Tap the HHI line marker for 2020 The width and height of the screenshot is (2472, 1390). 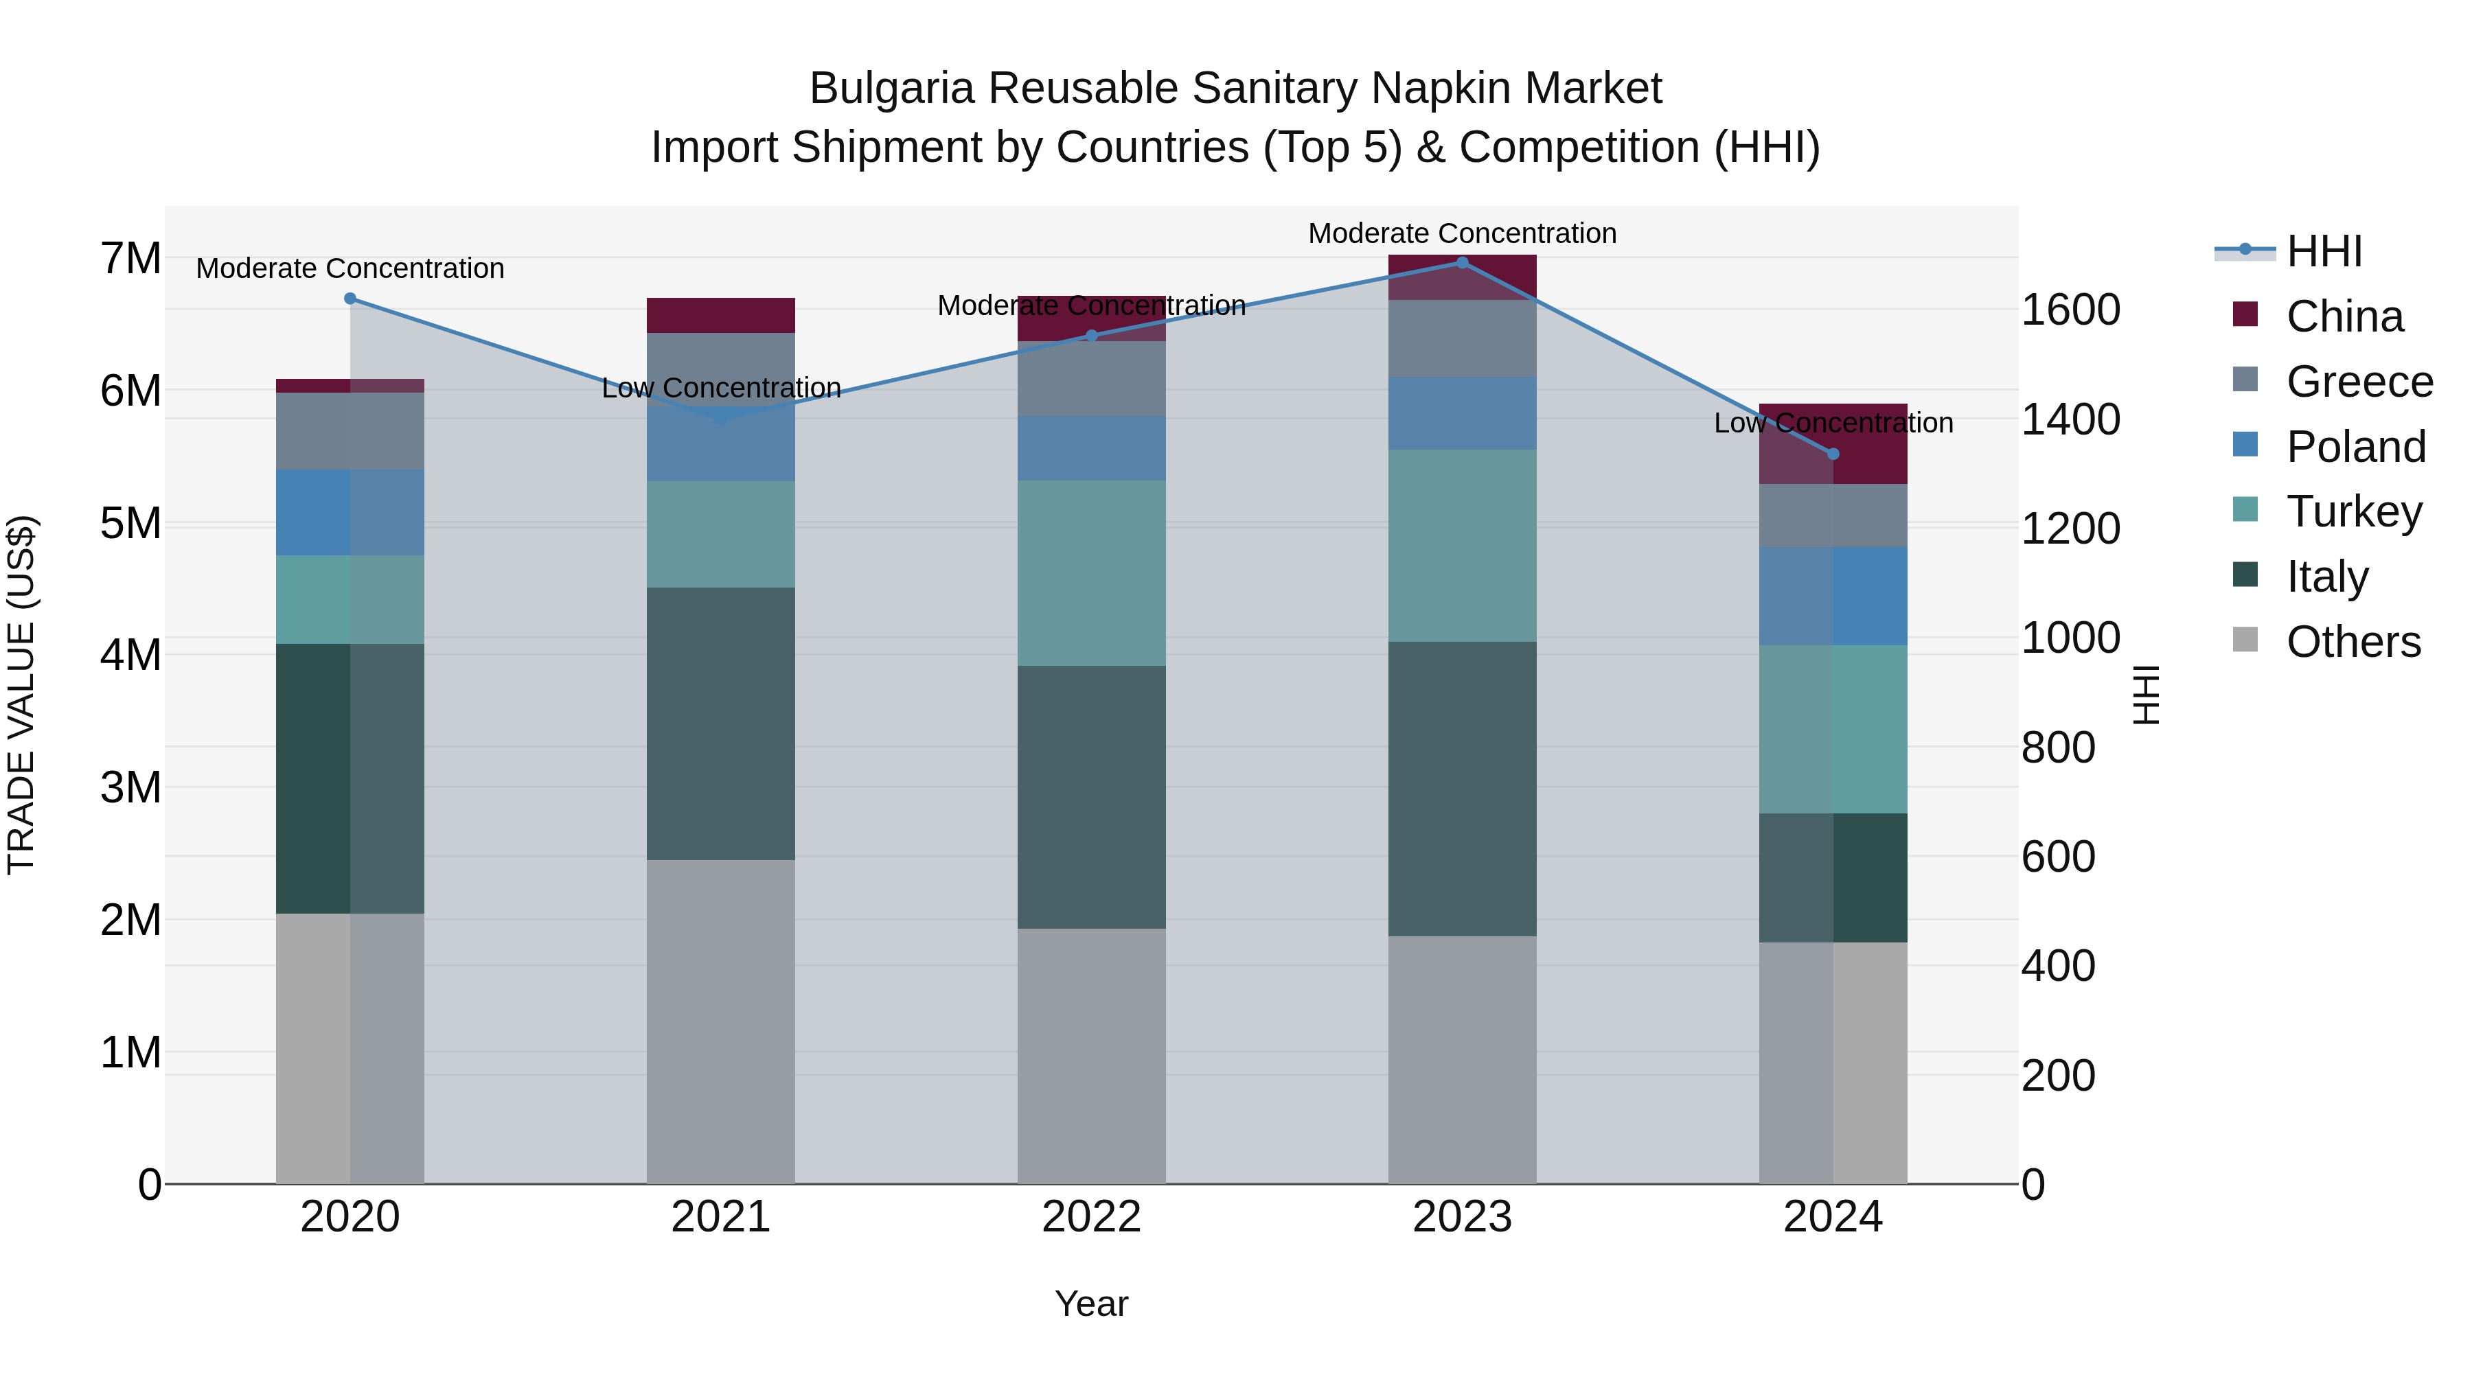pyautogui.click(x=350, y=299)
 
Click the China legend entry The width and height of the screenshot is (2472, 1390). pyautogui.click(x=2344, y=316)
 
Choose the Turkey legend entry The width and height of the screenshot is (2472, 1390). pyautogui.click(x=2353, y=511)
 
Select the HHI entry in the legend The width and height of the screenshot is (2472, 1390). pyautogui.click(x=2323, y=251)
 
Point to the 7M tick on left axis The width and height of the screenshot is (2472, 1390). pyautogui.click(x=130, y=258)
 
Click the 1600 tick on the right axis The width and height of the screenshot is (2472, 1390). pyautogui.click(x=2070, y=310)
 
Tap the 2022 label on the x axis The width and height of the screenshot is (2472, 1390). pyautogui.click(x=1091, y=1216)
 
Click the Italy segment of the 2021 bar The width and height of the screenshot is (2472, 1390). pyautogui.click(x=721, y=723)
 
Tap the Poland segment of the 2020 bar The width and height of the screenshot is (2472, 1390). pyautogui.click(x=350, y=512)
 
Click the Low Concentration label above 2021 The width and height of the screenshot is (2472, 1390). pyautogui.click(x=721, y=389)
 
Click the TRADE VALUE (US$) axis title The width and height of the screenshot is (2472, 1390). pyautogui.click(x=21, y=695)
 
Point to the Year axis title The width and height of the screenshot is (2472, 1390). pyautogui.click(x=1091, y=1304)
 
